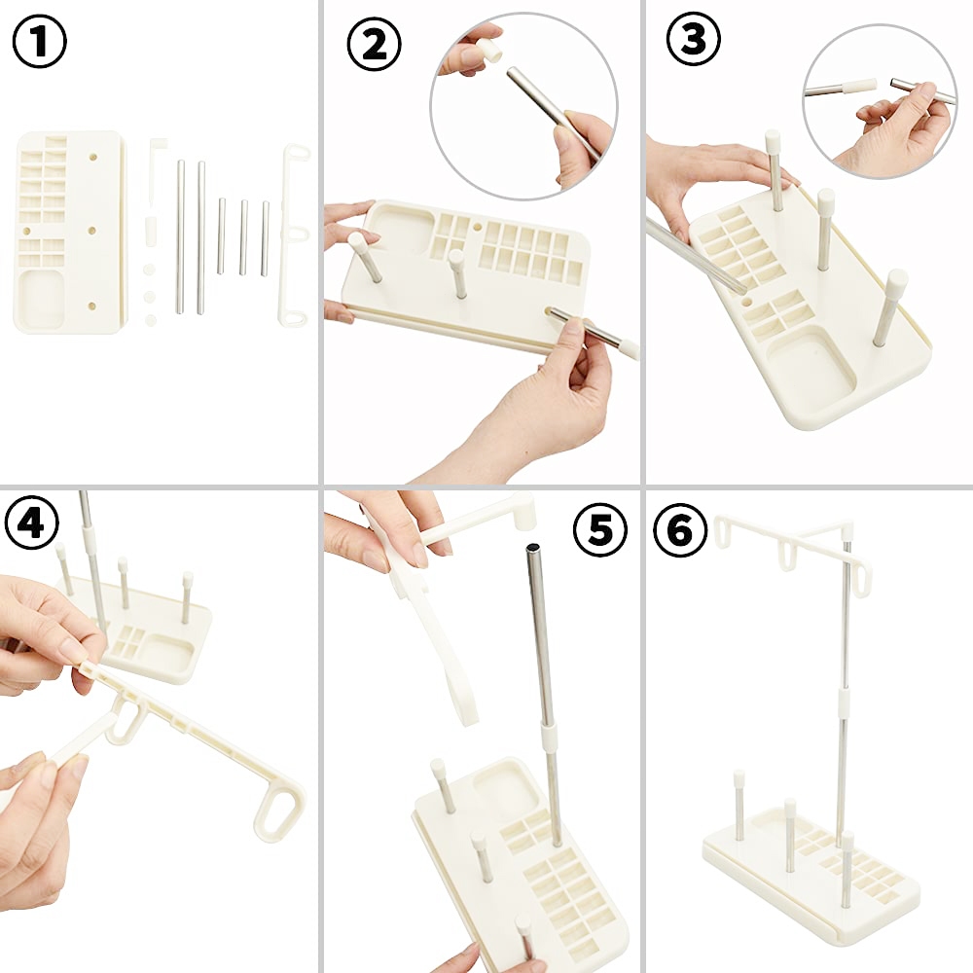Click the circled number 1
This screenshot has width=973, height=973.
click(39, 41)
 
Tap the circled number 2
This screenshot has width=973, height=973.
click(374, 45)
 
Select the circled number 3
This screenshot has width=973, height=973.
click(694, 39)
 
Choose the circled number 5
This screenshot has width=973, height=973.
click(599, 531)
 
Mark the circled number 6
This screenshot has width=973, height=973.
click(681, 529)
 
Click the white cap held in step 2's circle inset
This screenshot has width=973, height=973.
click(489, 52)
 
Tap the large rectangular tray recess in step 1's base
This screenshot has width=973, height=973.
click(42, 299)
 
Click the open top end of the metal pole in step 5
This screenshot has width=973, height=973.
click(533, 548)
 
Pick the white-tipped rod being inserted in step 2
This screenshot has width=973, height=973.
click(592, 331)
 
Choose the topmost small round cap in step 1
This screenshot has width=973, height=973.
click(149, 270)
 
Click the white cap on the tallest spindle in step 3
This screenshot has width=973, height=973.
click(773, 141)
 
